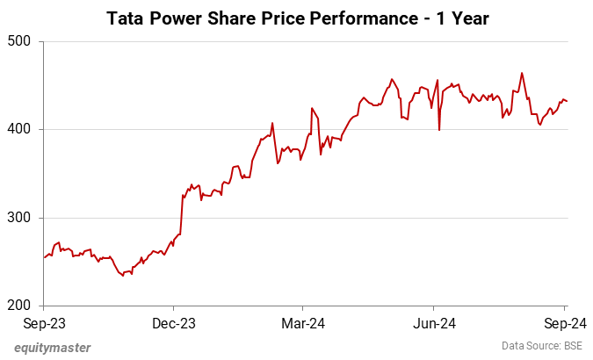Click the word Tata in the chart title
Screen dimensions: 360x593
126,18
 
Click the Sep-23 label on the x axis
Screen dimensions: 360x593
43,323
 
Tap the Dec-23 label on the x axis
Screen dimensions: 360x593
173,323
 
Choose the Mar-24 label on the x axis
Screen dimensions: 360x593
302,323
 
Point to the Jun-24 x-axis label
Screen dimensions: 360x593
434,323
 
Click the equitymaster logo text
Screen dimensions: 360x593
52,347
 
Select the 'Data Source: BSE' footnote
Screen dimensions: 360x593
542,346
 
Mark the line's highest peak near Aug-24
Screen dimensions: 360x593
522,73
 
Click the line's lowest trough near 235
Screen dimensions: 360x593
123,276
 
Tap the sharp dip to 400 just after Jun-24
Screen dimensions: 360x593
439,130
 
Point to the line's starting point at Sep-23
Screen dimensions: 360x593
44,257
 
